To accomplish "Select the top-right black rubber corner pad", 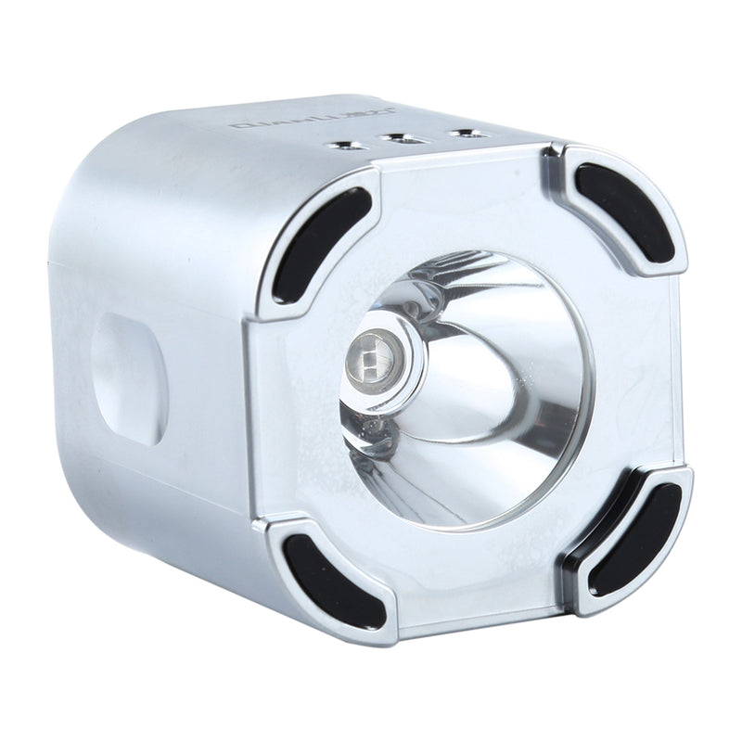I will pyautogui.click(x=622, y=211).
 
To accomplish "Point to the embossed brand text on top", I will pyautogui.click(x=275, y=122).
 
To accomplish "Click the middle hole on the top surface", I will pyautogui.click(x=401, y=140).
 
